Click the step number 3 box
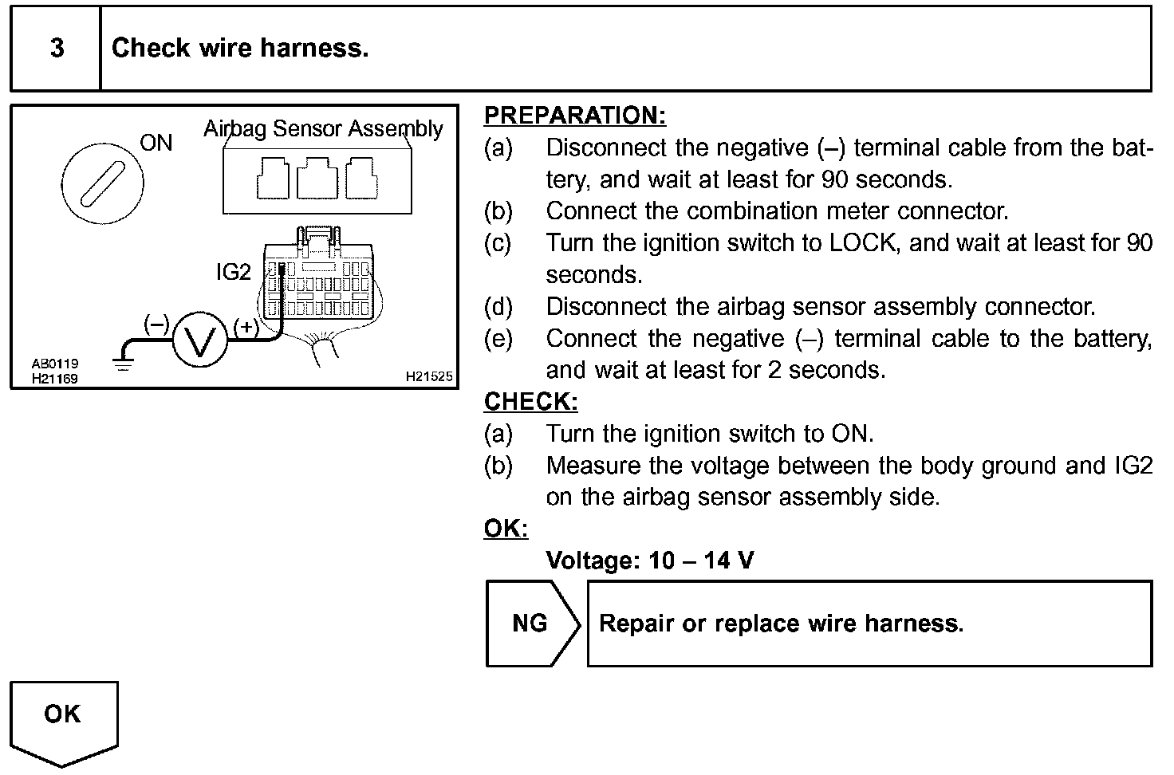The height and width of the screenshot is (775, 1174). coord(56,49)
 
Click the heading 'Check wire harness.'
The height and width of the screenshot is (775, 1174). coord(240,49)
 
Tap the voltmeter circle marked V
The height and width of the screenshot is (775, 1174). coord(200,340)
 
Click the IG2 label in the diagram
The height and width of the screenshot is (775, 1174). coord(233,273)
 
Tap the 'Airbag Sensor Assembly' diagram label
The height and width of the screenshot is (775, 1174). coord(323,128)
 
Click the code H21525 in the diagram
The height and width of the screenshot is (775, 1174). coord(429,376)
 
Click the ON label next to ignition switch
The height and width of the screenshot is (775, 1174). coord(156,143)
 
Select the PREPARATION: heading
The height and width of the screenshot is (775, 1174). coord(574,116)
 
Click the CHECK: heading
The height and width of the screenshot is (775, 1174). coord(530,401)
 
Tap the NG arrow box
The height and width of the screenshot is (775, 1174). coord(531,623)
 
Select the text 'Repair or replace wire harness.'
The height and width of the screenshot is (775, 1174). coord(781,623)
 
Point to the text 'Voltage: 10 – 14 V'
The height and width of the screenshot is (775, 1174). coord(649,560)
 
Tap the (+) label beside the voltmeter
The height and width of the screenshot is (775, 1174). coord(246,326)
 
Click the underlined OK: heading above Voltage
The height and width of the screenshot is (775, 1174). coord(506,529)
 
